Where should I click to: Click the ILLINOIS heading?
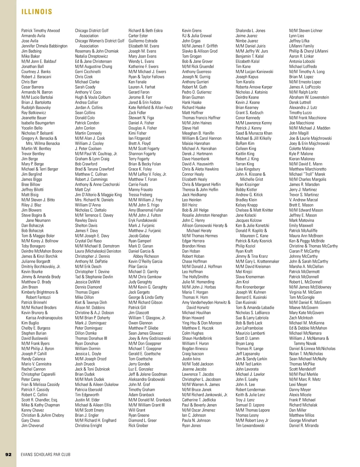pyautogui.click(x=37, y=12)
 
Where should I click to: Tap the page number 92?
pyautogui.click(x=8, y=454)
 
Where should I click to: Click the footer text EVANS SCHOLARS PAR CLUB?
pyautogui.click(x=46, y=454)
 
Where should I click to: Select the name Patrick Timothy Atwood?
pyautogui.click(x=40, y=31)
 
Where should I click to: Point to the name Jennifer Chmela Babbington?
pyautogui.click(x=44, y=46)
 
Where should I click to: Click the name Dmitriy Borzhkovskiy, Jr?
pyautogui.click(x=41, y=266)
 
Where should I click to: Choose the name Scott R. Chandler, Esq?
pyautogui.click(x=40, y=400)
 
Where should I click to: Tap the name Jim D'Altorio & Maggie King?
pyautogui.click(x=98, y=195)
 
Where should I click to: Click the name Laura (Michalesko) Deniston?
pyautogui.click(x=98, y=251)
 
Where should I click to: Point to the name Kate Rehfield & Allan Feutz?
pyautogui.click(x=151, y=107)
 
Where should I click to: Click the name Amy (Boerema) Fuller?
pyautogui.click(x=146, y=210)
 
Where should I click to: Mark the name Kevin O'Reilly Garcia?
pyautogui.click(x=145, y=261)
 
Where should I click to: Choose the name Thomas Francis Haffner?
pyautogui.click(x=201, y=118)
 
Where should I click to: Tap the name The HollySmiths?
pyautogui.click(x=195, y=277)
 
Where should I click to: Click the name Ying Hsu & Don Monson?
pyautogui.click(x=202, y=323)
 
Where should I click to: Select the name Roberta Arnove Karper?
pyautogui.click(x=254, y=87)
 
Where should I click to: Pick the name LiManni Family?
pyautogui.click(x=301, y=46)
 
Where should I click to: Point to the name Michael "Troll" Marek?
pyautogui.click(x=307, y=174)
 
